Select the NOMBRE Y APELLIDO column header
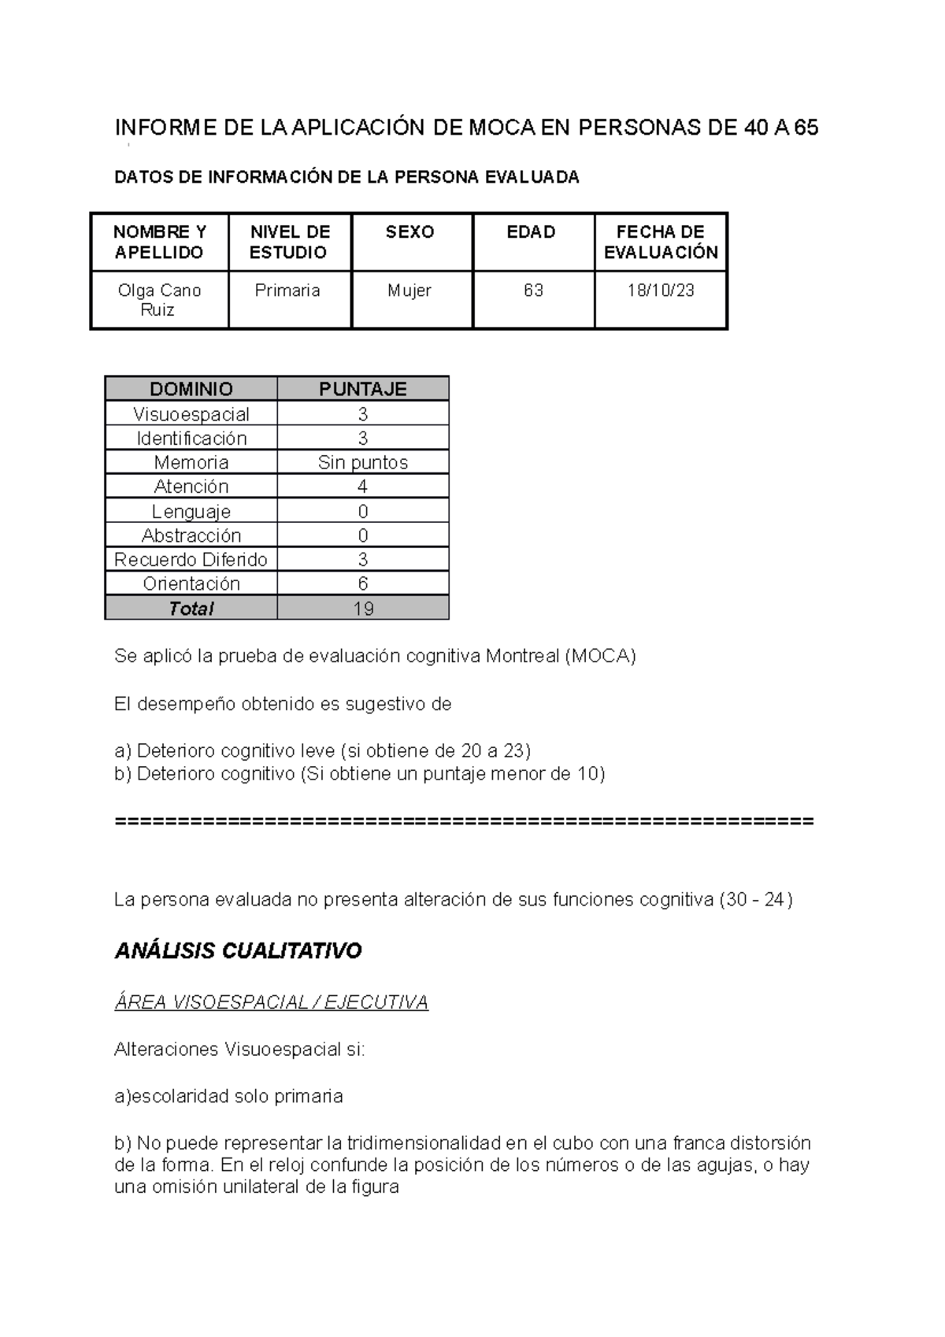[x=159, y=242]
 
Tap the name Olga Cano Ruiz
[x=159, y=300]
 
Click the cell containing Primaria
[x=287, y=291]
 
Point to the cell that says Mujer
[x=409, y=291]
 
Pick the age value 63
[x=533, y=291]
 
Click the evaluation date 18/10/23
[x=660, y=291]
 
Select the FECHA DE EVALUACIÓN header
[x=660, y=242]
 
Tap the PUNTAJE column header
[x=362, y=389]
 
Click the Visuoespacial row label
[x=191, y=414]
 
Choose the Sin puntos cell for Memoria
[x=362, y=462]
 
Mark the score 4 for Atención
[x=362, y=487]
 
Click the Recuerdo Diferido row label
[x=191, y=560]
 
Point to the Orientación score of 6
[x=362, y=583]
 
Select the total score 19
[x=362, y=609]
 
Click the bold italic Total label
[x=191, y=609]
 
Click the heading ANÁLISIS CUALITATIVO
[x=238, y=951]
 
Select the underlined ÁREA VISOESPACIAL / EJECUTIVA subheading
[x=271, y=1002]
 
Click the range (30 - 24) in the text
[x=756, y=899]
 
